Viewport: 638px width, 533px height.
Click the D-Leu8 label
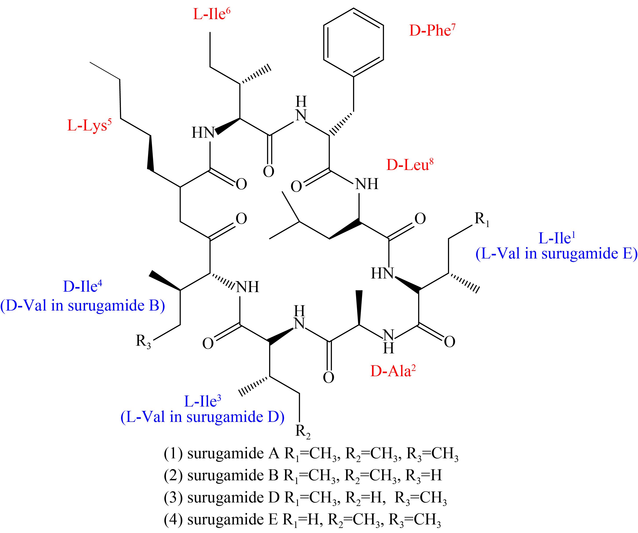click(410, 165)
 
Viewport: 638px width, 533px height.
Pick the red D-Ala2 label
click(393, 371)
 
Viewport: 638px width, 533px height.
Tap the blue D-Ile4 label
click(82, 286)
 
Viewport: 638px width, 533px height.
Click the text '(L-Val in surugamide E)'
click(556, 254)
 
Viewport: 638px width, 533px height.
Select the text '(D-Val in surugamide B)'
click(83, 305)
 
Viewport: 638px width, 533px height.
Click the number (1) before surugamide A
click(173, 454)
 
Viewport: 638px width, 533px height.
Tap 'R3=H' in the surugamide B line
click(424, 476)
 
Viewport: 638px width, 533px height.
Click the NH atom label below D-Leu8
click(367, 184)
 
